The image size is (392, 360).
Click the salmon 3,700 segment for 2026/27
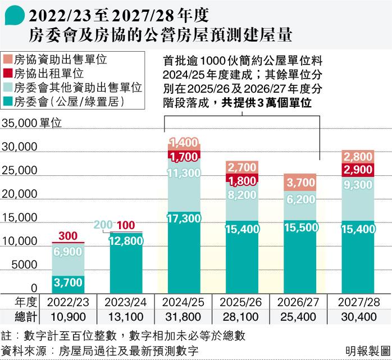tap(300, 183)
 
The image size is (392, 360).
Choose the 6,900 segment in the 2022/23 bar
tap(68, 252)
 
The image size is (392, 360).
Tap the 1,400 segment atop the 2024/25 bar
tap(184, 143)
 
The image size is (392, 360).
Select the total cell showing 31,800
tap(184, 317)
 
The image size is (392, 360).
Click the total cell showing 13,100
tap(126, 317)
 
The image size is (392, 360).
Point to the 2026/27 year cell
tap(300, 302)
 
